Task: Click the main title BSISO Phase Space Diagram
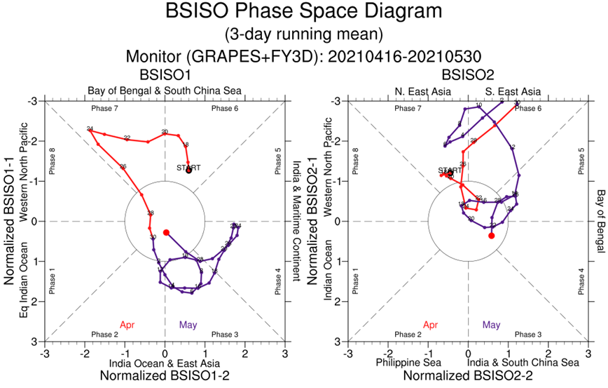(x=303, y=12)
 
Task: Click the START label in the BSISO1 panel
(x=188, y=168)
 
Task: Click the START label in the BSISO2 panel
(x=449, y=170)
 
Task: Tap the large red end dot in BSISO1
(x=167, y=232)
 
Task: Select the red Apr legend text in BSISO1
(x=127, y=325)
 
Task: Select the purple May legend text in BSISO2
(x=491, y=325)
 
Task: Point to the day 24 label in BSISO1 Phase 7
(x=90, y=128)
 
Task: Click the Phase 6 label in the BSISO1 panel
(x=225, y=109)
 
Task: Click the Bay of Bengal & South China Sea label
(x=165, y=91)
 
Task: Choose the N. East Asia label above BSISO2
(x=418, y=91)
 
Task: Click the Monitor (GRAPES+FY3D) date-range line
(x=303, y=56)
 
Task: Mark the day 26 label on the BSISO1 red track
(x=123, y=166)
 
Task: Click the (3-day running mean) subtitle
(x=303, y=34)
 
